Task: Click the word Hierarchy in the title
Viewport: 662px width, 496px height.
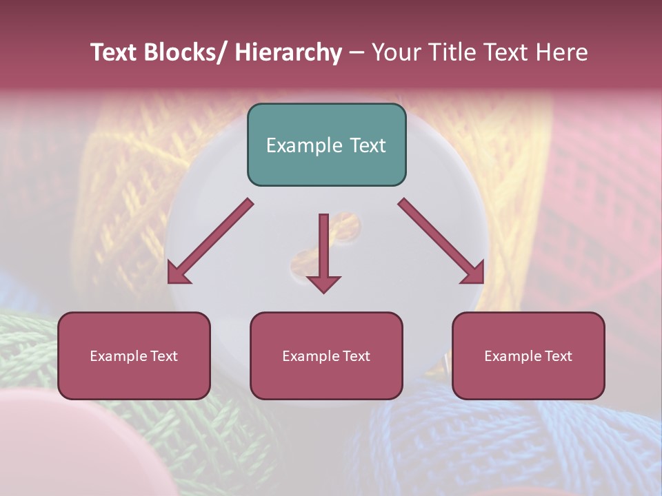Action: (288, 52)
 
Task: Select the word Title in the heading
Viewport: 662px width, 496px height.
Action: (454, 52)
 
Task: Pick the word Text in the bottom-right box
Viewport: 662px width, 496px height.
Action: (559, 356)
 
